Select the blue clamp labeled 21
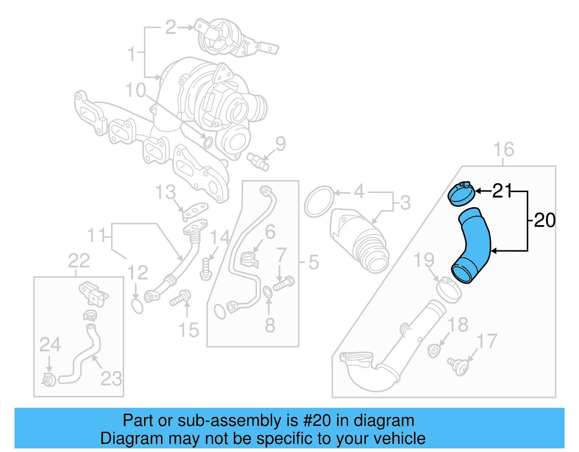pyautogui.click(x=461, y=194)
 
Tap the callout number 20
pyautogui.click(x=545, y=220)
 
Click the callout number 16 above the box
pyautogui.click(x=504, y=150)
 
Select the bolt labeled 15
pyautogui.click(x=180, y=298)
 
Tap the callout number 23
pyautogui.click(x=111, y=379)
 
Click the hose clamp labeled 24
pyautogui.click(x=49, y=380)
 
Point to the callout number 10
pyautogui.click(x=136, y=90)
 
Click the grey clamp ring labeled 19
pyautogui.click(x=449, y=290)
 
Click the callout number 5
pyautogui.click(x=313, y=262)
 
